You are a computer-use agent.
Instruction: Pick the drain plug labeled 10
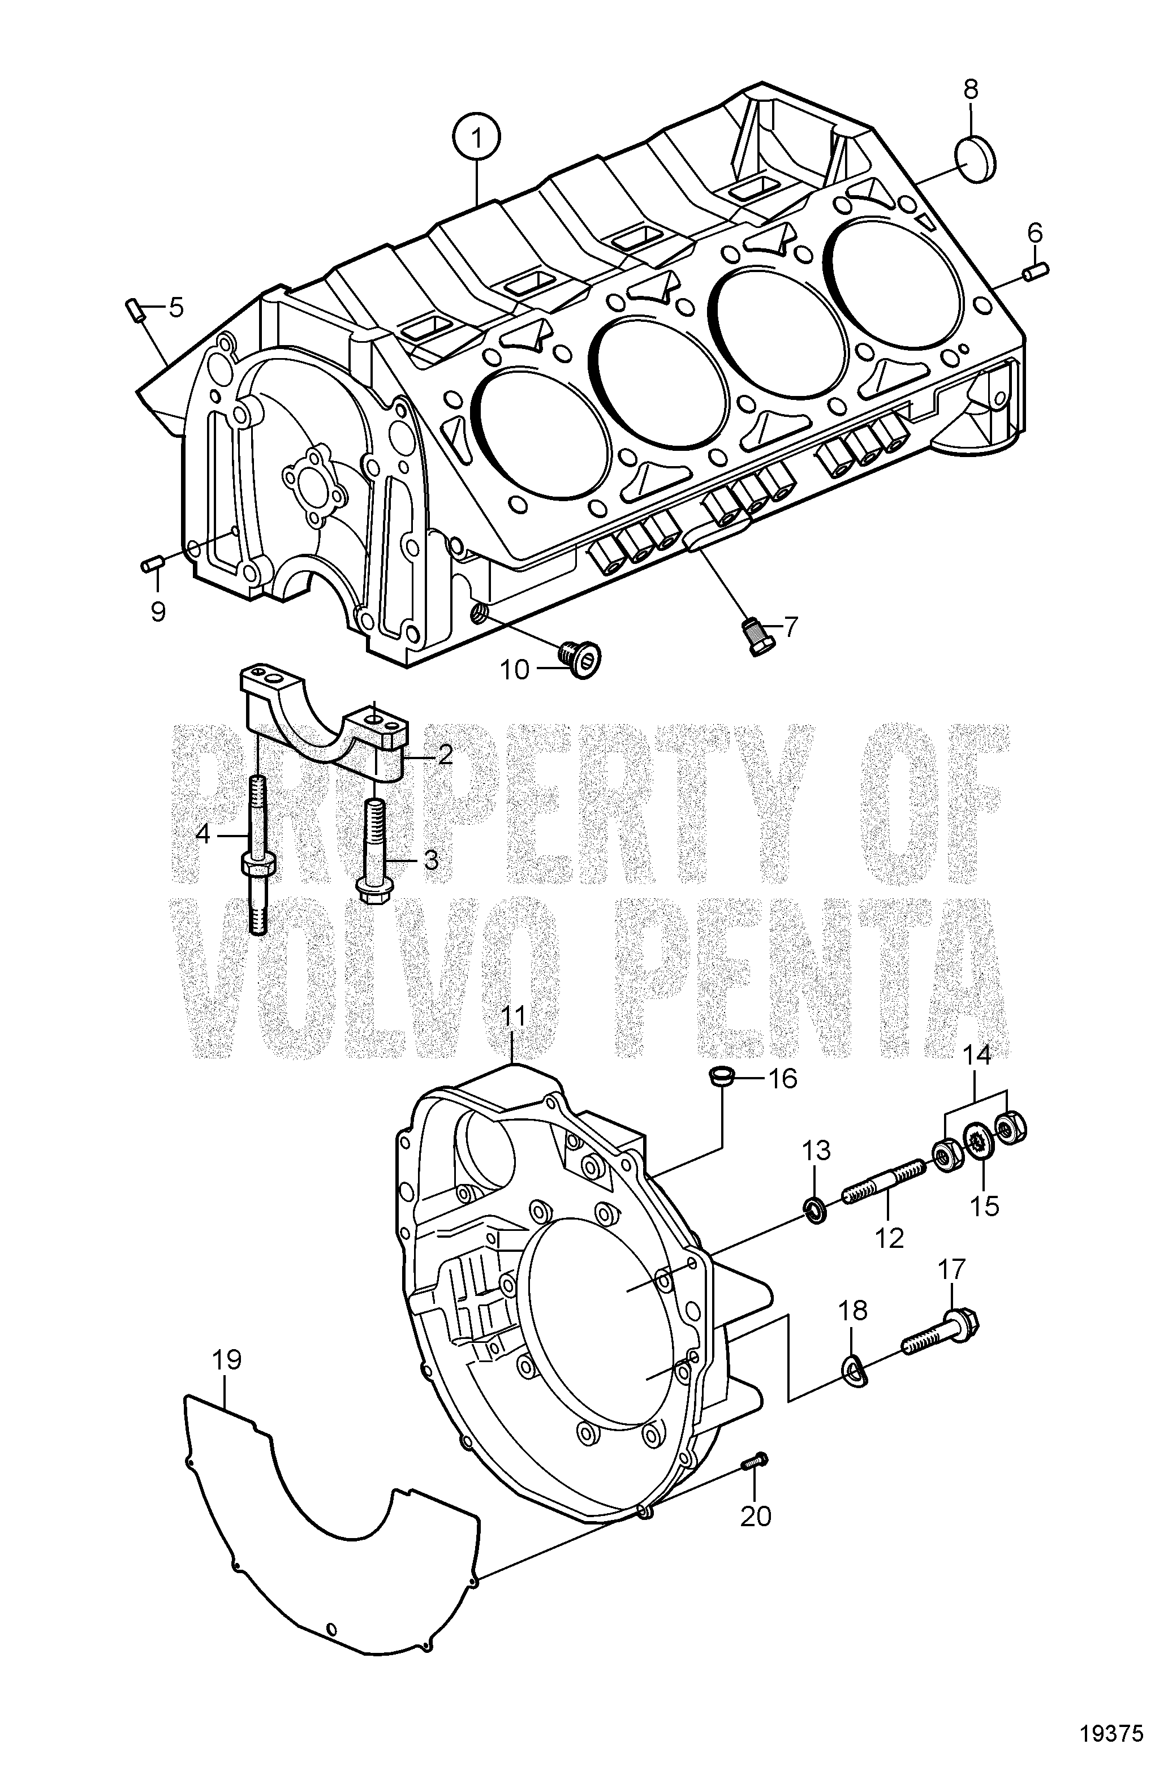click(581, 658)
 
